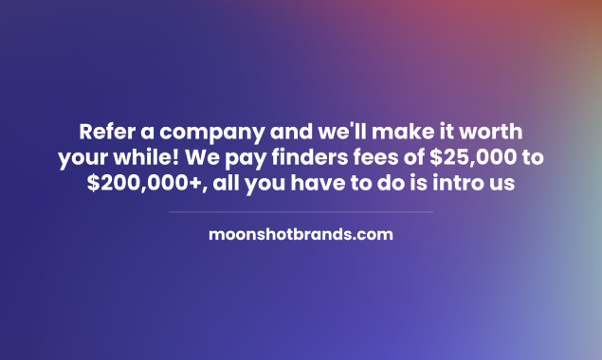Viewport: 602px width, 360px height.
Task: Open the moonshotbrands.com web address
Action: (301, 234)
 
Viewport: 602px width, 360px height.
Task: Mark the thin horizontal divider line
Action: (301, 212)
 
